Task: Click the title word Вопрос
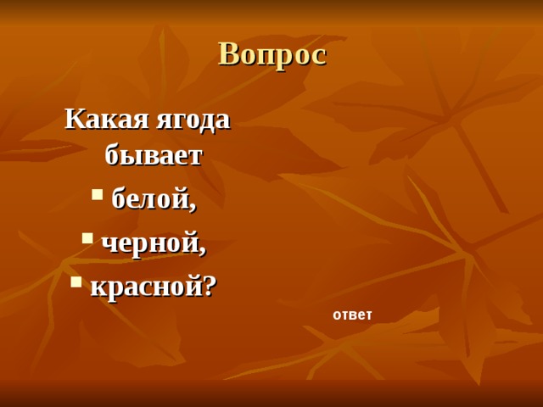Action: [x=271, y=54]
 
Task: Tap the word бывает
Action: [x=154, y=155]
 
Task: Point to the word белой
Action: [x=151, y=198]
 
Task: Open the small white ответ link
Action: [x=352, y=315]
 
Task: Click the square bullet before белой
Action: [x=97, y=194]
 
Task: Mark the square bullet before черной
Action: [x=87, y=238]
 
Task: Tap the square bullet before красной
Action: [x=76, y=282]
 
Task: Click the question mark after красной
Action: [x=210, y=286]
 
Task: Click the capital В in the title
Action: [x=228, y=54]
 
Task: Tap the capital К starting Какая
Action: [x=74, y=119]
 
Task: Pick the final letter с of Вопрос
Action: [x=318, y=57]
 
